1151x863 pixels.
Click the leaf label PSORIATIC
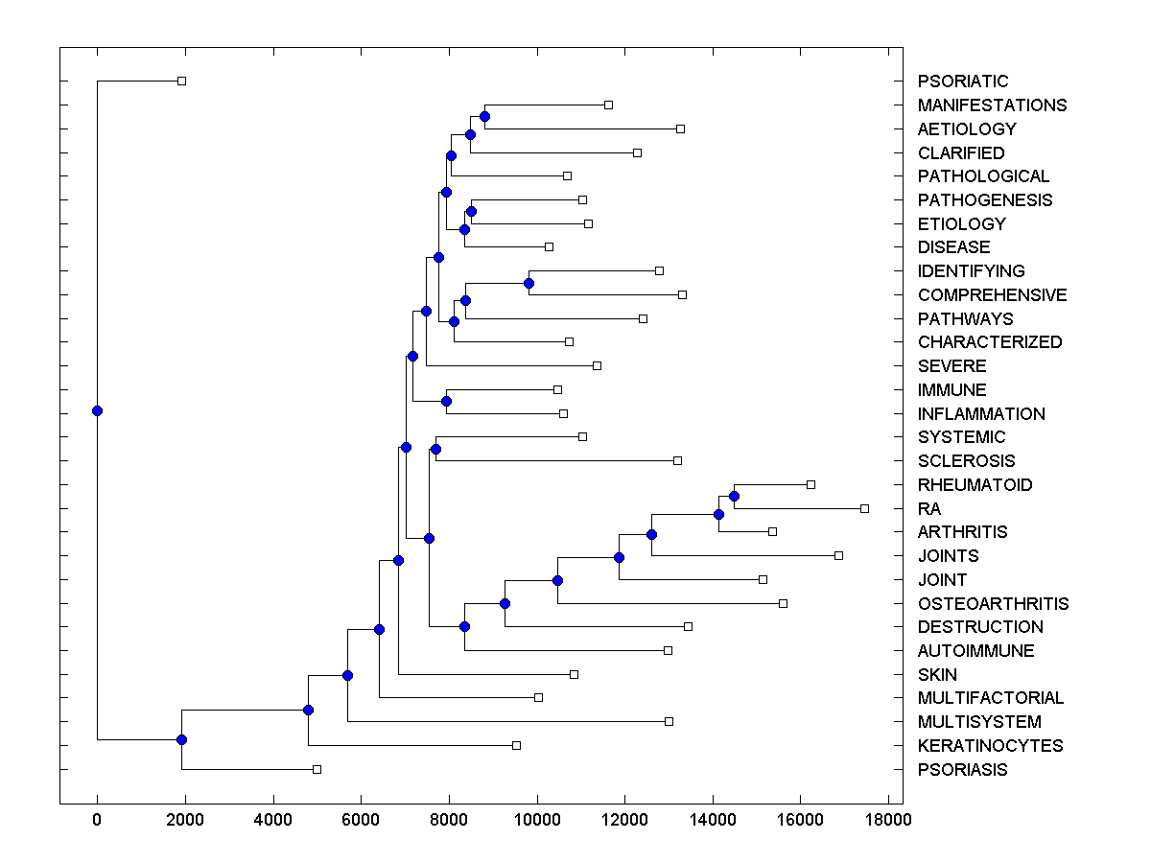(x=963, y=82)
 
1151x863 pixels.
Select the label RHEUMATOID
(x=975, y=485)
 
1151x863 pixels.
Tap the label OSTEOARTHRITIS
(x=993, y=603)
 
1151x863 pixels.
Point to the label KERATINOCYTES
(x=990, y=745)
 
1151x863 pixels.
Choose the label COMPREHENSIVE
(x=992, y=295)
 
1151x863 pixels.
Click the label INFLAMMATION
(x=981, y=414)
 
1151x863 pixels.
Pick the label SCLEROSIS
(x=966, y=461)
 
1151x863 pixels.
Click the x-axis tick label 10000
(x=537, y=820)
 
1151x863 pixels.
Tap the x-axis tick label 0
(x=97, y=820)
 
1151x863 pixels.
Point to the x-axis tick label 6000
(x=361, y=820)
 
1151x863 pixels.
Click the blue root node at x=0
(x=97, y=410)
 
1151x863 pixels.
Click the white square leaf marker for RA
(x=864, y=508)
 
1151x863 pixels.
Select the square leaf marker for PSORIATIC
(x=181, y=82)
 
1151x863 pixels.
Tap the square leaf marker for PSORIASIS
(x=317, y=769)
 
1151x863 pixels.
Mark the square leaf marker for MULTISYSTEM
(x=669, y=721)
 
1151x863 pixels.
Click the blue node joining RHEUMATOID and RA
(x=734, y=496)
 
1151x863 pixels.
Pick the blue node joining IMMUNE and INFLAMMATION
(x=446, y=401)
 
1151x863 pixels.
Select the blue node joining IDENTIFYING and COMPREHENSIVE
(x=529, y=283)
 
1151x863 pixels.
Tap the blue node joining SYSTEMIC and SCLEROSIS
(x=435, y=449)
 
